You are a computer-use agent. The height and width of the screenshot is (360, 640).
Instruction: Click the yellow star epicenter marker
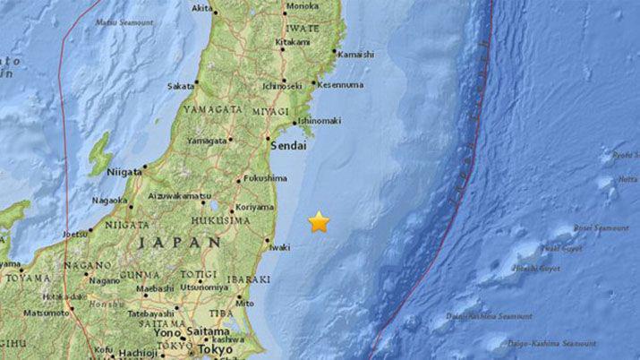tap(320, 222)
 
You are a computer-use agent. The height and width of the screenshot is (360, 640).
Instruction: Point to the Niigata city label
tap(124, 170)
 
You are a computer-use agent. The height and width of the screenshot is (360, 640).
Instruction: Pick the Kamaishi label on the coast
tap(355, 55)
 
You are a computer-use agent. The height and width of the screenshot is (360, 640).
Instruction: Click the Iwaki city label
tap(279, 246)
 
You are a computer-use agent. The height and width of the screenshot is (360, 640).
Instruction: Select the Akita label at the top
tap(202, 8)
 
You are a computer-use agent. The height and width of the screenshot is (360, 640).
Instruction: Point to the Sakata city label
tap(180, 86)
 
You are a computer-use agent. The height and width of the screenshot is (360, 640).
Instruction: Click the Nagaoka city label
tap(112, 201)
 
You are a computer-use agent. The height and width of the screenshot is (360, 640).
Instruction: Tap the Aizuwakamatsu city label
tap(185, 194)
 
